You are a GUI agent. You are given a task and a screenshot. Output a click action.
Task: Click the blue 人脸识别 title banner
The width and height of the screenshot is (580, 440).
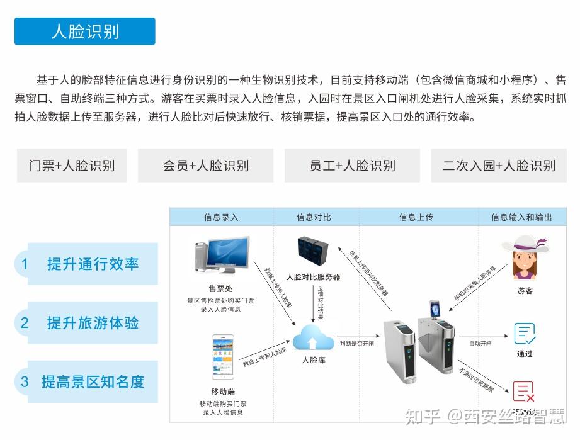pos(84,31)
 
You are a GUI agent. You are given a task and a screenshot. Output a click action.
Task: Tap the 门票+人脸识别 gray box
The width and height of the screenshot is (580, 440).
pos(71,166)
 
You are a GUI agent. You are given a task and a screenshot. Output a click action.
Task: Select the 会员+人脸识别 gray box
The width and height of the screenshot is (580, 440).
pos(205,166)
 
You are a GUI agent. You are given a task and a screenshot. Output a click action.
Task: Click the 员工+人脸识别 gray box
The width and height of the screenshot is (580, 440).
pos(352,166)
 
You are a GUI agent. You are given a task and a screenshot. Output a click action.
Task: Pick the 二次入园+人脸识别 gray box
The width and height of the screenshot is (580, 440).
pos(499,166)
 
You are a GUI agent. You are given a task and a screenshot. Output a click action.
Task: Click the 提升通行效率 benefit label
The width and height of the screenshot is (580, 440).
pos(93,264)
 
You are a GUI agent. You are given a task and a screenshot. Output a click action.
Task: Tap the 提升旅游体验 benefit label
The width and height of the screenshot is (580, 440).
pos(93,323)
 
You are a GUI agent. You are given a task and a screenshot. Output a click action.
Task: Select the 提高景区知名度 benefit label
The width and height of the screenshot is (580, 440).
pos(93,381)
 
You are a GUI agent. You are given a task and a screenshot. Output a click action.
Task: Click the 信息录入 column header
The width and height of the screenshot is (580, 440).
pos(221,217)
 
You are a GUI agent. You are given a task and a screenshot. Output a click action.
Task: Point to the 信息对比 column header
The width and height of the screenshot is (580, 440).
pos(314,217)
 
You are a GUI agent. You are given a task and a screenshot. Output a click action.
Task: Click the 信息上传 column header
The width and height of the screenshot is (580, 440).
pos(416,217)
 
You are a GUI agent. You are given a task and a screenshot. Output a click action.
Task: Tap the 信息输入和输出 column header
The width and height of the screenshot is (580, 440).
pos(521,217)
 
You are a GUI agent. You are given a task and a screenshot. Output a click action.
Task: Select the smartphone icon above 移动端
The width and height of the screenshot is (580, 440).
pos(222,356)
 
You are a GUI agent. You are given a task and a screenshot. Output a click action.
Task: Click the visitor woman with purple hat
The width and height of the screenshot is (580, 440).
pos(525,258)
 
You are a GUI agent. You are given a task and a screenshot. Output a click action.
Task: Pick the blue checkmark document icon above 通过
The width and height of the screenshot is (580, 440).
pos(524,333)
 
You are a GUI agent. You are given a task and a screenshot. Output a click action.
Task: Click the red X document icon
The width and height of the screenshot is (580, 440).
pos(524,392)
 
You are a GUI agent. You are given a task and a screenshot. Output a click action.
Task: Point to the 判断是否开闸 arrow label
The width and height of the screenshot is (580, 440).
pos(357,344)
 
